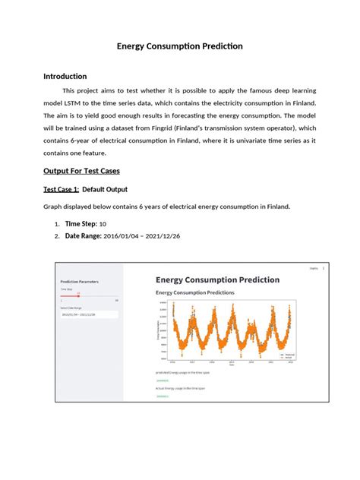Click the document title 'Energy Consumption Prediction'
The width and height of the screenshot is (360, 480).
pyautogui.click(x=179, y=46)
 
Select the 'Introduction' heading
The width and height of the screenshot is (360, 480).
pyautogui.click(x=65, y=77)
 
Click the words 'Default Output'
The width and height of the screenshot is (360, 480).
pyautogui.click(x=106, y=189)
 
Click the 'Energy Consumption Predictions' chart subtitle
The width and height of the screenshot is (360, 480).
pyautogui.click(x=195, y=292)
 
